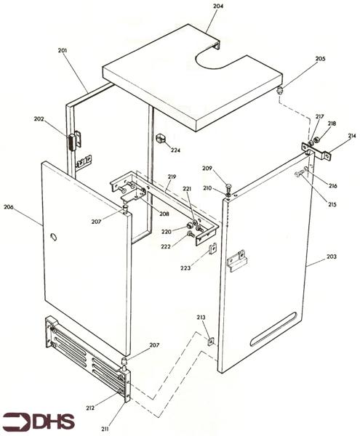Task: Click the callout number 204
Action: [x=219, y=6]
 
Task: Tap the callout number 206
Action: [x=9, y=207]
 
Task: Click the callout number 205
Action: [x=300, y=60]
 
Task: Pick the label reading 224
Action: [x=175, y=150]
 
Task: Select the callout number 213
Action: [x=201, y=318]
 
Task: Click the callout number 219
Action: [x=172, y=177]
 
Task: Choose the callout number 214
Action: [x=351, y=136]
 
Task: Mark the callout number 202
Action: [x=37, y=121]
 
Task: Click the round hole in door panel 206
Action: [x=53, y=238]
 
